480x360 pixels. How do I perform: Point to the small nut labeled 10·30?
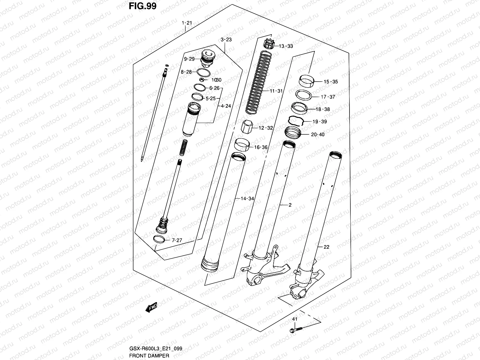coord(202,80)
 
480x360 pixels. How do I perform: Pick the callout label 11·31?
coord(276,91)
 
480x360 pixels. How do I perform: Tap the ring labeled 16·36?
coord(242,145)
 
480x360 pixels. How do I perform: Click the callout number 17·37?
coord(328,97)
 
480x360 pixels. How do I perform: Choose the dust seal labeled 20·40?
coord(292,132)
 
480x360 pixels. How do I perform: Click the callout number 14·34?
coord(247,199)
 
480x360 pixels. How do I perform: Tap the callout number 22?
coord(326,247)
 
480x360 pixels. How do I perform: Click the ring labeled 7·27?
coord(159,239)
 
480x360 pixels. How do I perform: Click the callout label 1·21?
coord(186,23)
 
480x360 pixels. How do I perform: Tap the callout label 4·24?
coord(226,106)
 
